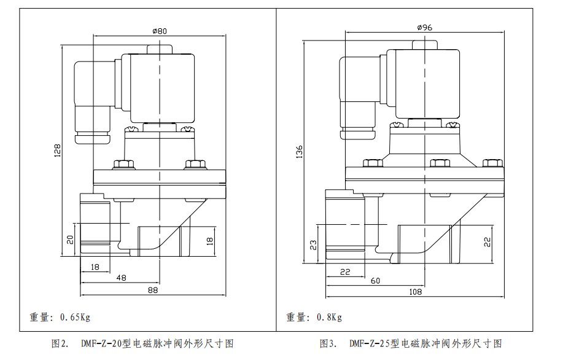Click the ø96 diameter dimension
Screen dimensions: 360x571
425,28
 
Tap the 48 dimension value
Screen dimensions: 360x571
121,278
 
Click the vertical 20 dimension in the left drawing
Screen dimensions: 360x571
70,239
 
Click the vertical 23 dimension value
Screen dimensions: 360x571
313,245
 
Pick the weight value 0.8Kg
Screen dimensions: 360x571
329,318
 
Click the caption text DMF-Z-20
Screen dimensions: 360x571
102,343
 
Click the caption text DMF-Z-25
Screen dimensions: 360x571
370,343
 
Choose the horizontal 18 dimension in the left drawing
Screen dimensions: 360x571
95,268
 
